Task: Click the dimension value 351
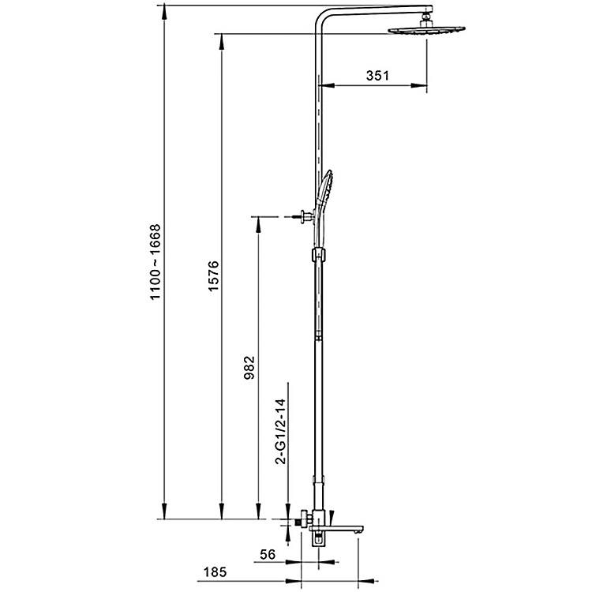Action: click(378, 76)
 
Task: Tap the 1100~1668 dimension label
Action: click(155, 260)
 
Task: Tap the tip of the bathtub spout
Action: click(361, 534)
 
